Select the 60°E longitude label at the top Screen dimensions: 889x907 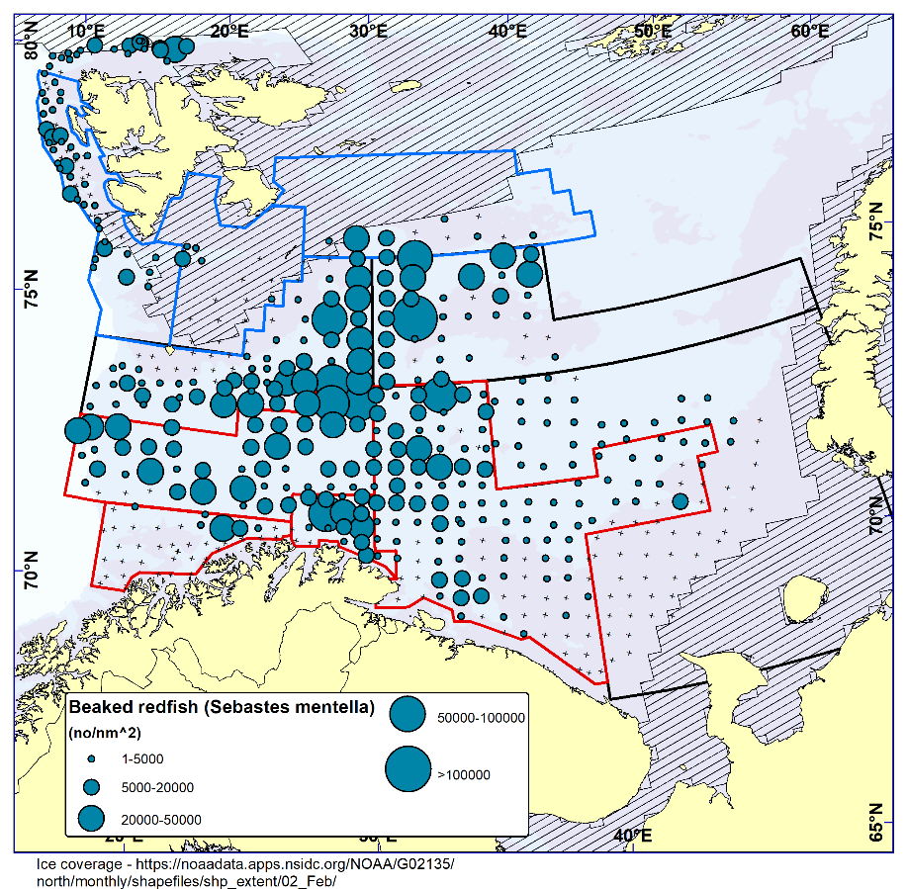point(809,31)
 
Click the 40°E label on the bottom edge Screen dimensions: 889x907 point(632,836)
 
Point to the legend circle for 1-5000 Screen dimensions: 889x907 point(91,759)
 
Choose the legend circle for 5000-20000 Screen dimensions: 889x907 point(91,787)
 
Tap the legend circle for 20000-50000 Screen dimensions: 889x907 point(91,819)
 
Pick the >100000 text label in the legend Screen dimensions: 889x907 point(464,775)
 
